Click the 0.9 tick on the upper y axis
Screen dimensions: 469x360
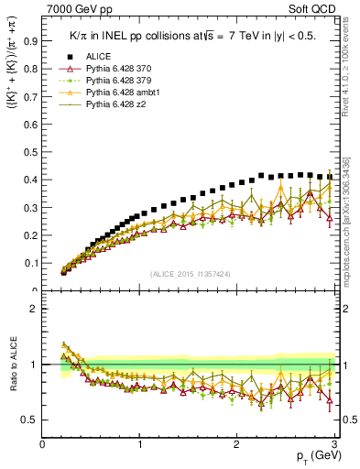[x=31, y=41]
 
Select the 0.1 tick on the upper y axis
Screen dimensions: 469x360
[x=31, y=263]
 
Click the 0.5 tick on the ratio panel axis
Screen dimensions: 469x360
[x=31, y=420]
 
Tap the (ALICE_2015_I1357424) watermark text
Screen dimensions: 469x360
[x=190, y=274]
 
